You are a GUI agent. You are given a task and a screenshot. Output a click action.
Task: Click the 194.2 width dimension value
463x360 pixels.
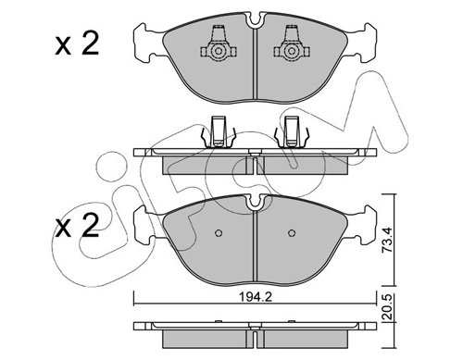pyautogui.click(x=256, y=298)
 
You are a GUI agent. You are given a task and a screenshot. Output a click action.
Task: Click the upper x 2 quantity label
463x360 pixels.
pyautogui.click(x=77, y=44)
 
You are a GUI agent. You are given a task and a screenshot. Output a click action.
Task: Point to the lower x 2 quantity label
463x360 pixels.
pyautogui.click(x=77, y=226)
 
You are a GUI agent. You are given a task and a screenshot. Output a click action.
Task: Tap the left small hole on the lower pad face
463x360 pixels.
pyautogui.click(x=219, y=233)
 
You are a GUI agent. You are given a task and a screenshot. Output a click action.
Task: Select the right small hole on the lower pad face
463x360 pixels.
pyautogui.click(x=291, y=233)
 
